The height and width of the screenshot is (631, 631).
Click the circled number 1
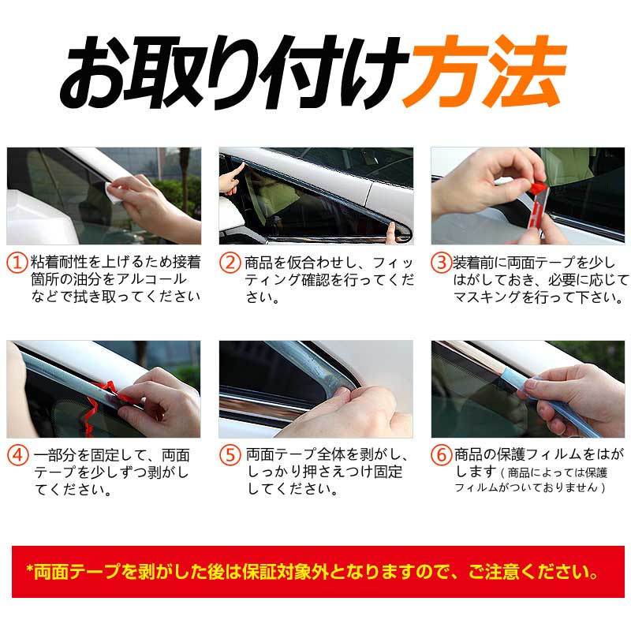click(x=17, y=262)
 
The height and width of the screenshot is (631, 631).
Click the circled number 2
click(x=230, y=262)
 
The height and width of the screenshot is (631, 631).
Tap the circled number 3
click(x=441, y=262)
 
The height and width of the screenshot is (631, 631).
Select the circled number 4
click(x=17, y=455)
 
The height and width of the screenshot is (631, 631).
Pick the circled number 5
click(x=230, y=455)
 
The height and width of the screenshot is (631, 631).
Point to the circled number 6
click(x=441, y=455)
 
